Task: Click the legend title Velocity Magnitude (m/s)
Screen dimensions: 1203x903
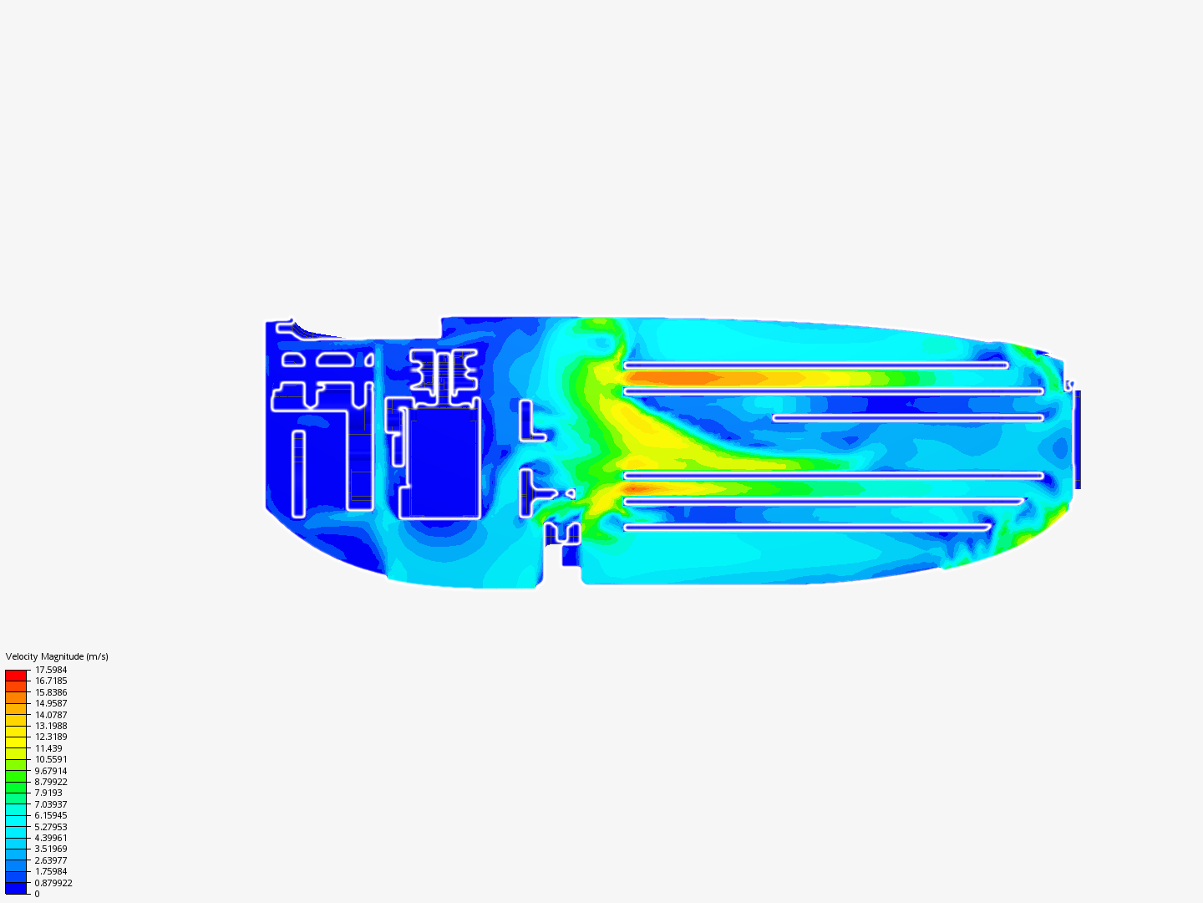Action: [57, 656]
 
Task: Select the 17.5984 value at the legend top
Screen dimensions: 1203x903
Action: [51, 670]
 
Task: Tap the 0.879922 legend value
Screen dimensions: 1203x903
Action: [53, 883]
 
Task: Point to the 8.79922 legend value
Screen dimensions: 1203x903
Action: [51, 782]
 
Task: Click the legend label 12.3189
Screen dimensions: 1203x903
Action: [51, 737]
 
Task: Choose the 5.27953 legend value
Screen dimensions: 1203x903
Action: [51, 827]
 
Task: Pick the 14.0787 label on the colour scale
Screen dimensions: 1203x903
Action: [51, 715]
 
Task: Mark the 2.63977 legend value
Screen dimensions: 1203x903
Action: [51, 861]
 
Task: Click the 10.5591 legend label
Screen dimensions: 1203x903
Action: [51, 759]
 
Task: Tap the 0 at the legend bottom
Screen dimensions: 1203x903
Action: [37, 895]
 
